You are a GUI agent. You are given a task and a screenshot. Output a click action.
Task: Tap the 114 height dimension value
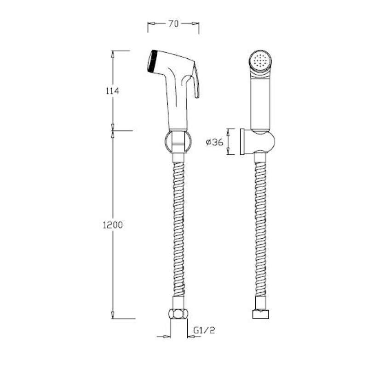pyautogui.click(x=112, y=90)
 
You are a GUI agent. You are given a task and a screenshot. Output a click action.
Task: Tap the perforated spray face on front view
pyautogui.click(x=261, y=61)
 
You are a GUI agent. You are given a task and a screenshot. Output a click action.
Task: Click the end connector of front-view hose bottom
pyautogui.click(x=260, y=315)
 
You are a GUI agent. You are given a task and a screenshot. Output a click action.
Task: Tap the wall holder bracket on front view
pyautogui.click(x=261, y=142)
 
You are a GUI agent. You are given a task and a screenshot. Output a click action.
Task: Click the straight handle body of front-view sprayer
pyautogui.click(x=260, y=101)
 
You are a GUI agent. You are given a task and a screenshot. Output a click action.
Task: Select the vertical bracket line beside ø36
pyautogui.click(x=230, y=142)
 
